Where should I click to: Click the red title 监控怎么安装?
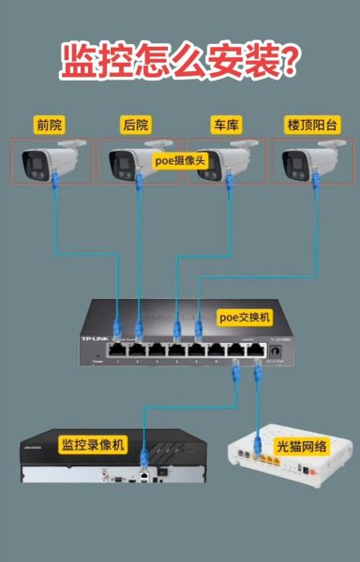point(180,61)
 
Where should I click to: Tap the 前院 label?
point(50,125)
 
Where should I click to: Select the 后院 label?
point(137,125)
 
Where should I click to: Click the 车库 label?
point(226,125)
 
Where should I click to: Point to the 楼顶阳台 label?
point(312,125)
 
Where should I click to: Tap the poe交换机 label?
point(245,318)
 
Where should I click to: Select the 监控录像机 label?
point(93,443)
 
